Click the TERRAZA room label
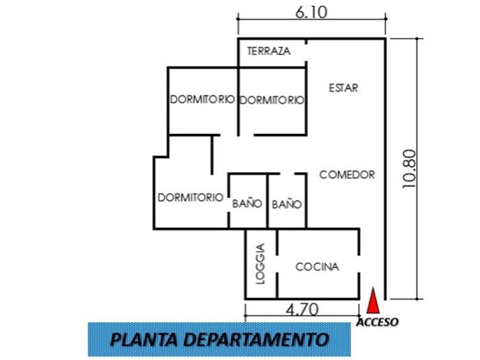click(269, 51)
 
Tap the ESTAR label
click(343, 88)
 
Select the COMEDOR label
click(347, 174)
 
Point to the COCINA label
click(317, 267)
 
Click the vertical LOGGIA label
click(260, 263)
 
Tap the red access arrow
click(373, 301)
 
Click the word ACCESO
click(378, 322)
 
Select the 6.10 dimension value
click(311, 12)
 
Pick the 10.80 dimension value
click(410, 169)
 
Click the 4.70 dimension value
click(302, 310)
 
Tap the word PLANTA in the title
click(144, 339)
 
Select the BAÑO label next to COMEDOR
click(287, 204)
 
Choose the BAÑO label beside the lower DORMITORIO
click(247, 203)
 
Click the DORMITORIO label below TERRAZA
click(271, 100)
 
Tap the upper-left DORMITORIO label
click(202, 99)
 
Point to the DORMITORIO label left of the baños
click(190, 198)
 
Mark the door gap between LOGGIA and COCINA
click(277, 264)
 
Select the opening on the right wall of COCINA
click(359, 264)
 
